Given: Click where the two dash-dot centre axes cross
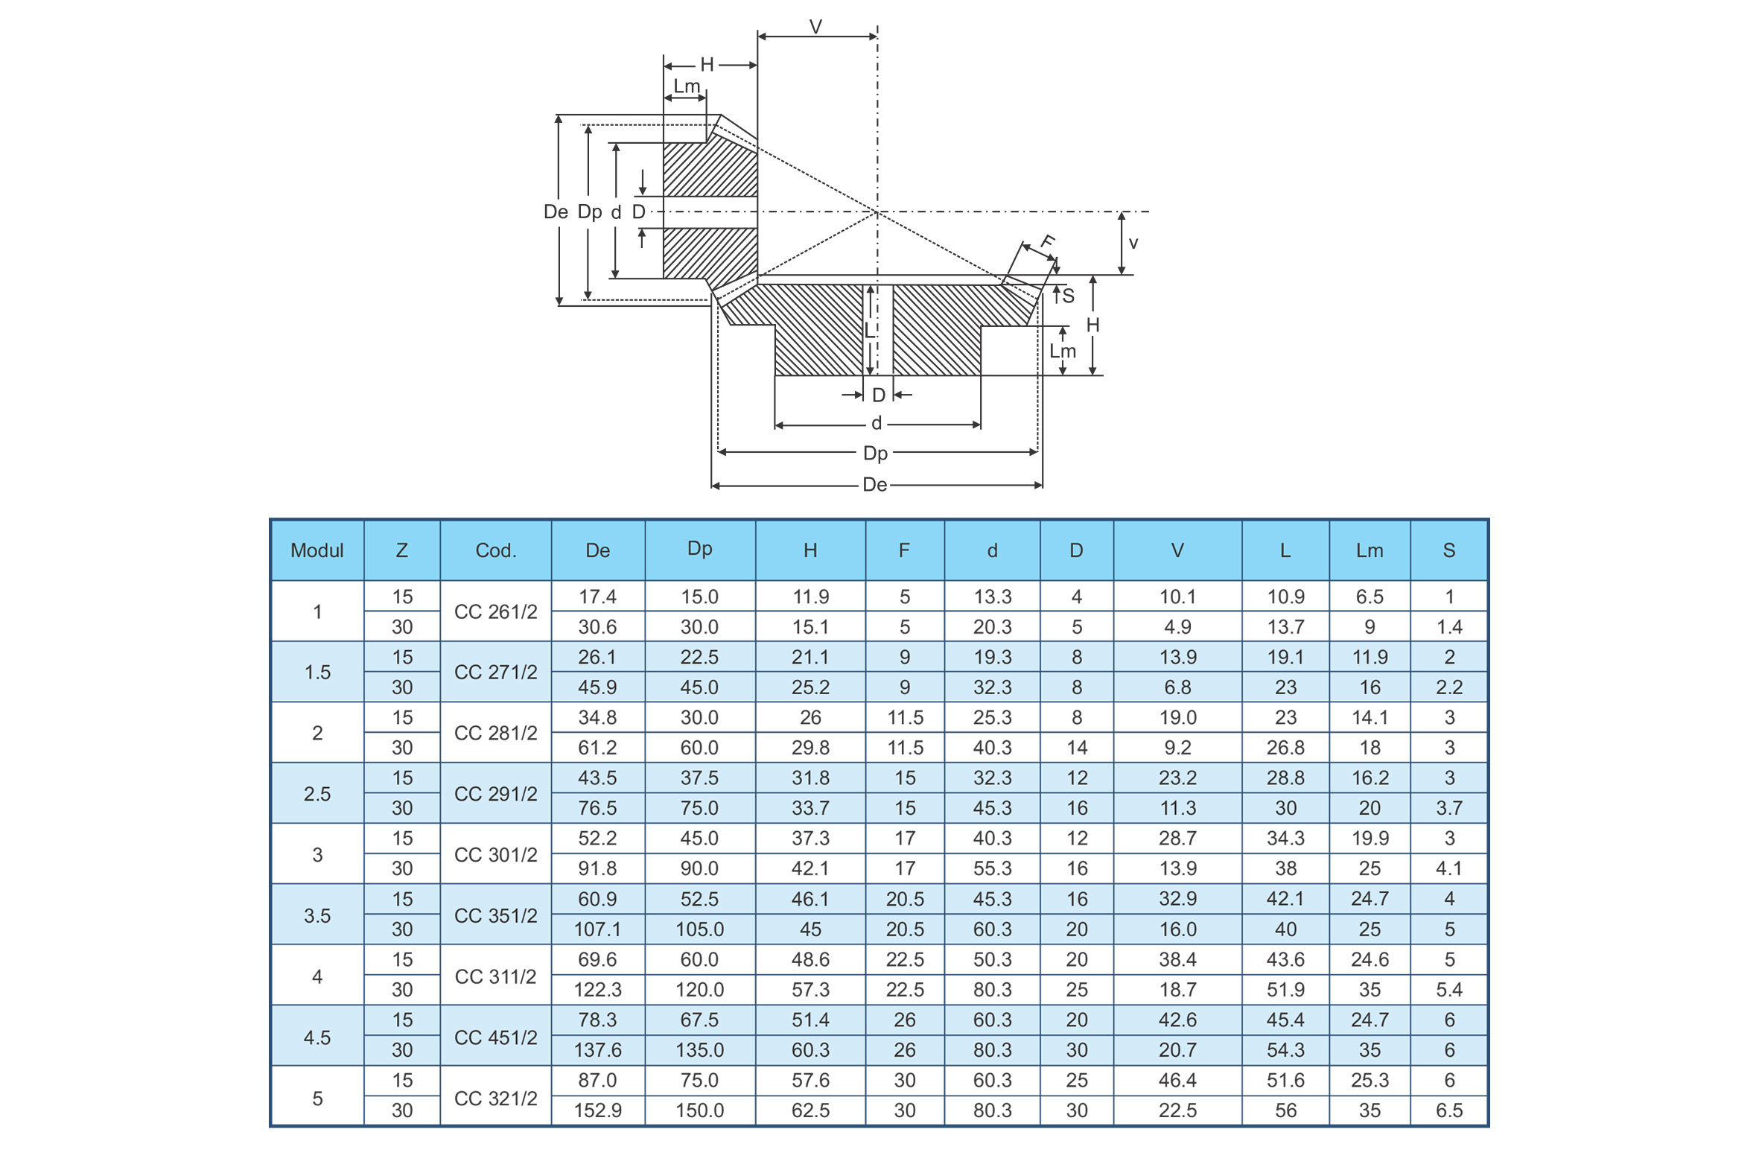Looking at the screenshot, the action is coord(877,212).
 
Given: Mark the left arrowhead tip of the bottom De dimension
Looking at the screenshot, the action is coord(712,486).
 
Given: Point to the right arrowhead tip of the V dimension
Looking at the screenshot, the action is coord(877,36).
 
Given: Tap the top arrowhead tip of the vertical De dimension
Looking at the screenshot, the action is coord(559,115).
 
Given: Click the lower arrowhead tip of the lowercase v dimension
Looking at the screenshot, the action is coord(1121,275).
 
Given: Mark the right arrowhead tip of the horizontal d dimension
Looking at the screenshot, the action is coord(981,425).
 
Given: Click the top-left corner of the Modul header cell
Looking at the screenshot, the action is coord(271,520).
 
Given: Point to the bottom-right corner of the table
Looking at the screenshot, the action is coord(1488,1126).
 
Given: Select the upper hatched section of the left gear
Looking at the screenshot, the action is coord(710,169).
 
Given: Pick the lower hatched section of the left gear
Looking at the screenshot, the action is coord(710,255).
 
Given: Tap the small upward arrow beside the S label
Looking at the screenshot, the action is coord(1056,294).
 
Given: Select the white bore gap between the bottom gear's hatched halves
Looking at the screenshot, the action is coord(878,330).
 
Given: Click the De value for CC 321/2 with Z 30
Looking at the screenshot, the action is coord(597,1110).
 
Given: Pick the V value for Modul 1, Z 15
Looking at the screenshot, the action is coord(1177,597).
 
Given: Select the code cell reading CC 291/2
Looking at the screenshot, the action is coord(496,794).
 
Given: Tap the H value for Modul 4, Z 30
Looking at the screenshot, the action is coord(810,990).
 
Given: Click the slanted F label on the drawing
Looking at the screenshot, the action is coord(1048,241).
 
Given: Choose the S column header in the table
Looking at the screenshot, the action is coord(1448,550).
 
